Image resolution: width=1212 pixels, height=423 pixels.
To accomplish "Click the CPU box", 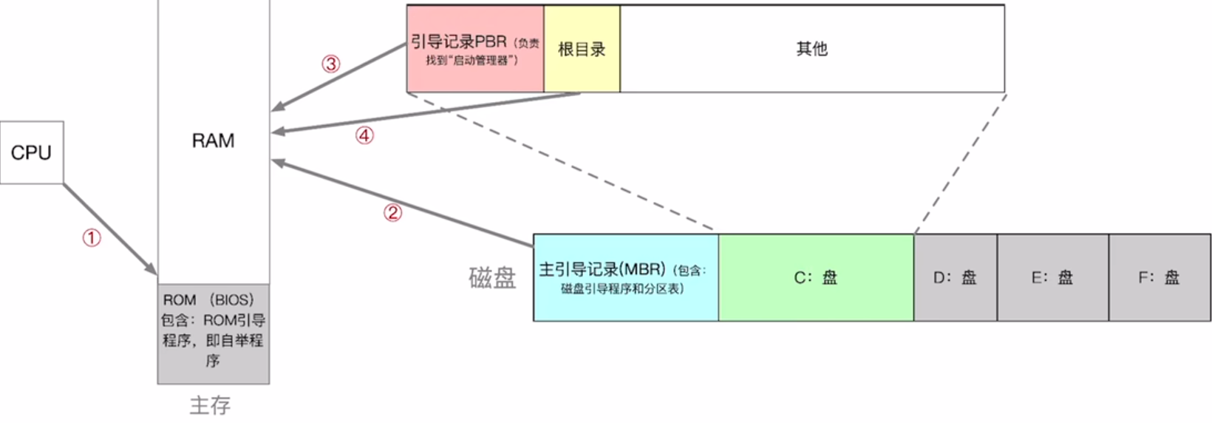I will tap(32, 152).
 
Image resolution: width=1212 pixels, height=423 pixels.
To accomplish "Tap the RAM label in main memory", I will tap(213, 141).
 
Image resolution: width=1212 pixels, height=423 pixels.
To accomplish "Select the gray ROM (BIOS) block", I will tap(213, 333).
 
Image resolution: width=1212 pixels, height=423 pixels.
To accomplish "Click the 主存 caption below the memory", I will tap(210, 405).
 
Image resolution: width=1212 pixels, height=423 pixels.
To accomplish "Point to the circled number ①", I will tap(91, 237).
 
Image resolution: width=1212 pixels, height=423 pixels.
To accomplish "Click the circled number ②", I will tap(392, 213).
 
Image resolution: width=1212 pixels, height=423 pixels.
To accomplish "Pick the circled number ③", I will tap(330, 64).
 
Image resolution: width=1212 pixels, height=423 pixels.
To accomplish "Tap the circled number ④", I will tap(364, 135).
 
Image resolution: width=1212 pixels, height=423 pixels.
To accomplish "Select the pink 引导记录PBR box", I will tap(474, 49).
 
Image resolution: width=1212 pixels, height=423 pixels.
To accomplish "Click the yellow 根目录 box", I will tap(582, 49).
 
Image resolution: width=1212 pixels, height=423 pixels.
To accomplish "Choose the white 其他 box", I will tap(811, 49).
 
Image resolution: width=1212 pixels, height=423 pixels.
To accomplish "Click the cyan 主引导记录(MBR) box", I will tap(625, 278).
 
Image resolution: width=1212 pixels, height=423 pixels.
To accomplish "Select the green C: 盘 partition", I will tap(816, 278).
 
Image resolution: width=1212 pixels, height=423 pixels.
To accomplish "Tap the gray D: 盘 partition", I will tap(955, 278).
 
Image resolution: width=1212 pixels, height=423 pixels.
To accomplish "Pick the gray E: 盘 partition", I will tap(1052, 278).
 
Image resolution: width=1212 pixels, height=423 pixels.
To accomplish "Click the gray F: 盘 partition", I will tap(1160, 278).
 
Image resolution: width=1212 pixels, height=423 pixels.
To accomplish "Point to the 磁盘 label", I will tap(492, 278).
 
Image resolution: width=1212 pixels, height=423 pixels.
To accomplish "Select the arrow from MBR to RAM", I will tap(403, 203).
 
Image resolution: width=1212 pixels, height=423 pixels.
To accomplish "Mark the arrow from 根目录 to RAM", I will tap(425, 113).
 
